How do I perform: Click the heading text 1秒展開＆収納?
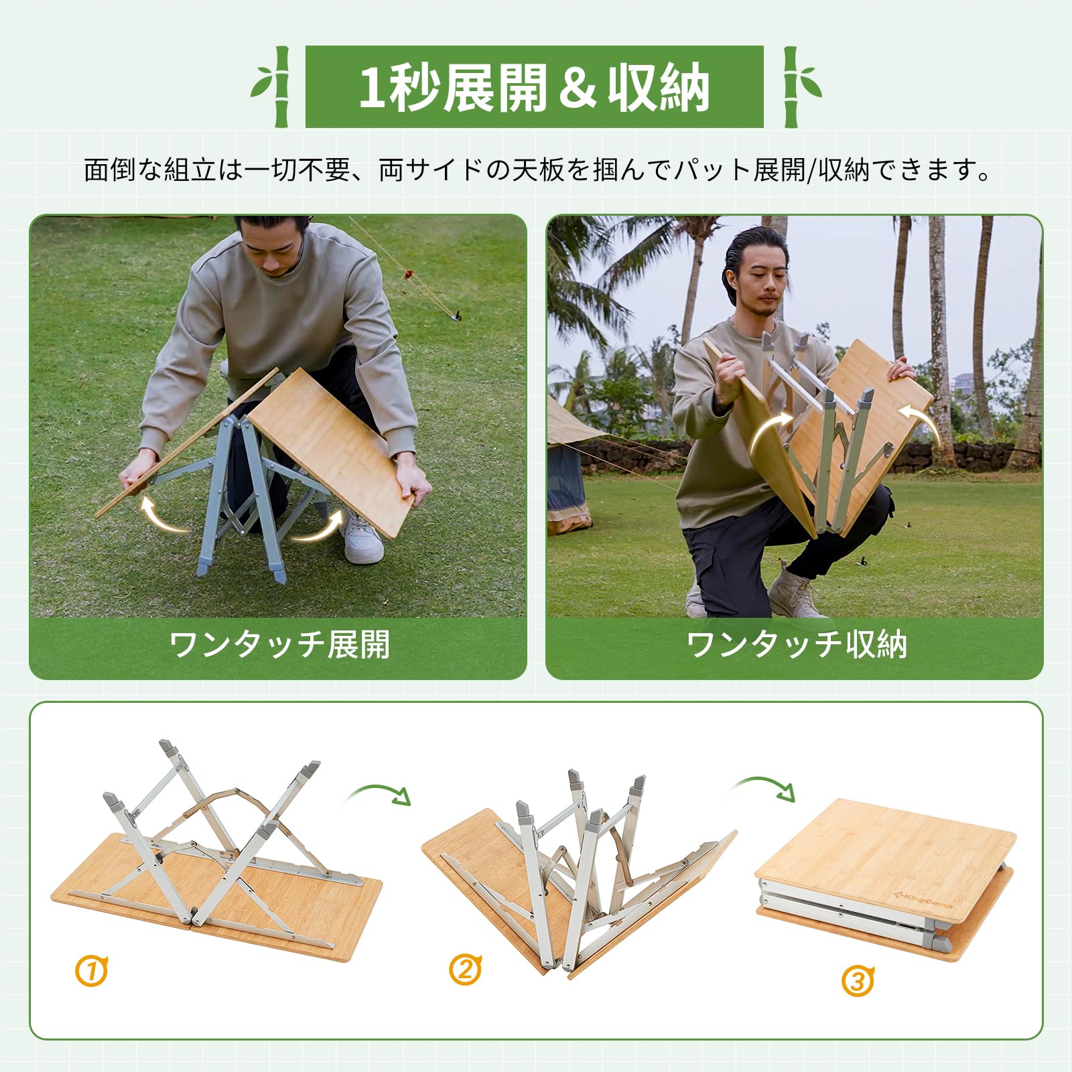[x=534, y=86]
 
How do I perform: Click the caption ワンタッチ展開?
[x=279, y=645]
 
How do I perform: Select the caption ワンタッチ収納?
[x=796, y=645]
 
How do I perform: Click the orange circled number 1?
[x=92, y=971]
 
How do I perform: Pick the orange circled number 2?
[x=465, y=969]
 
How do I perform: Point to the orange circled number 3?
[x=858, y=981]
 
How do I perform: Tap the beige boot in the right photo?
[x=795, y=592]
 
